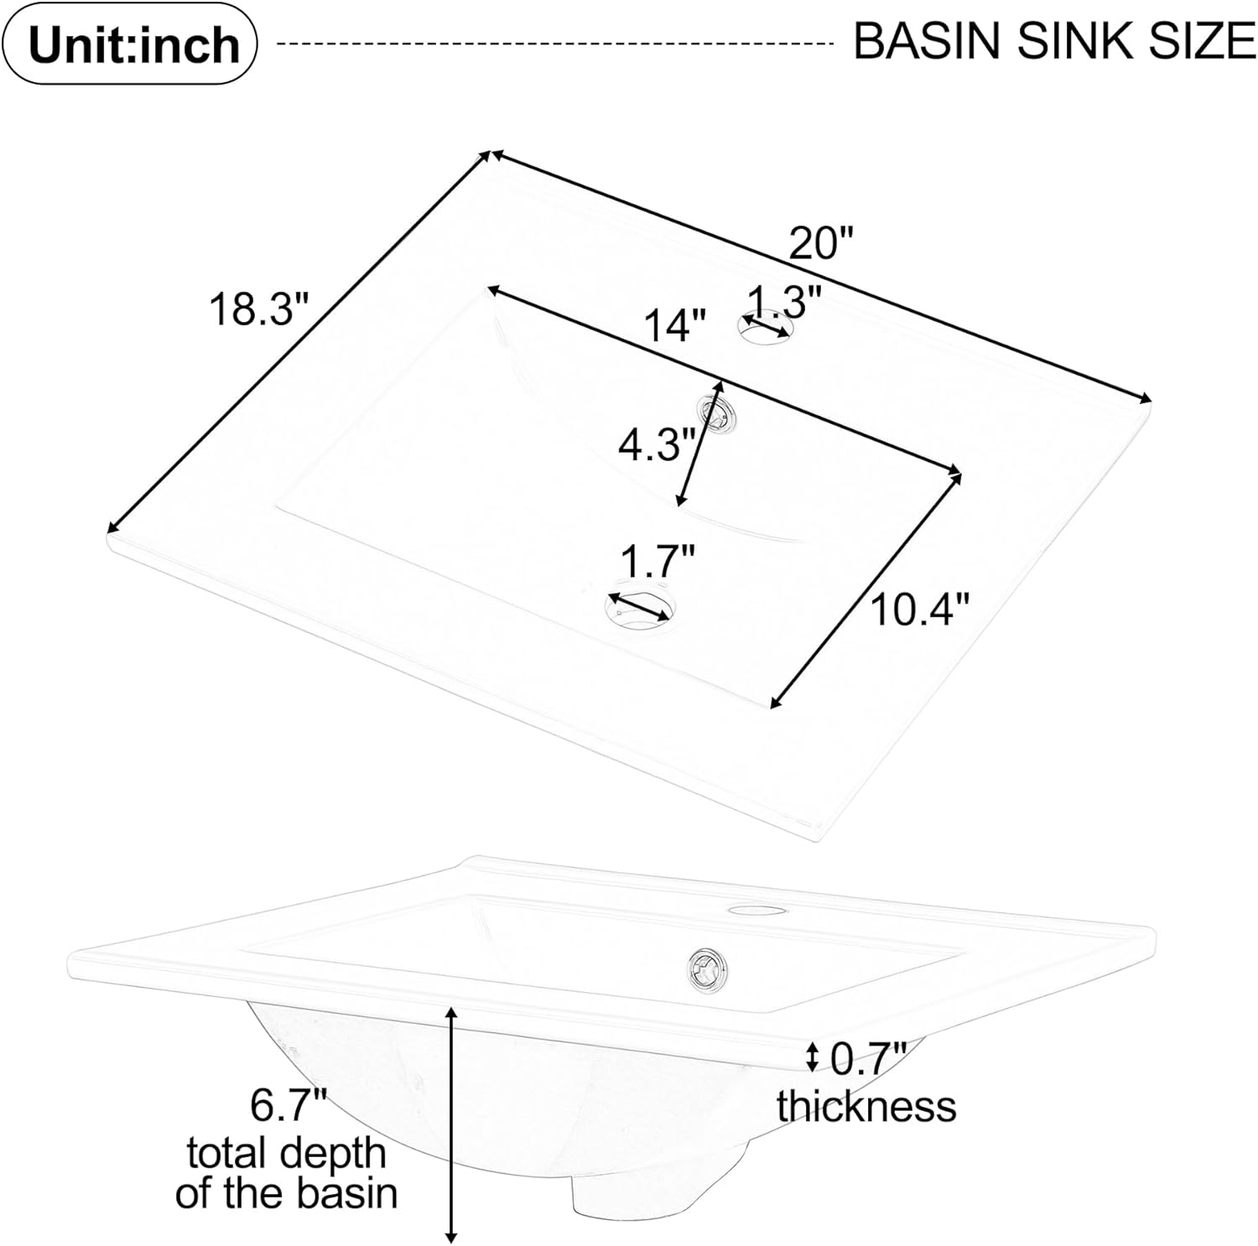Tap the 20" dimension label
click(821, 244)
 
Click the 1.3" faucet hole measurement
click(783, 300)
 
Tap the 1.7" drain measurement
click(658, 561)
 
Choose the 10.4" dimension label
click(919, 609)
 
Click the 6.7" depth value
click(288, 1106)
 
